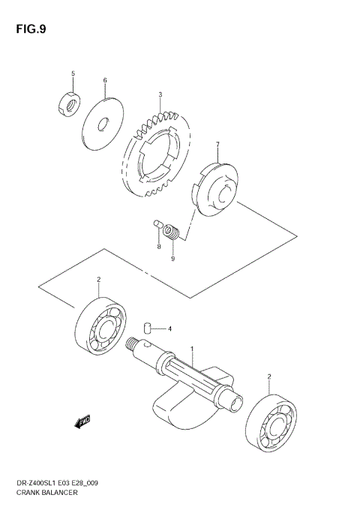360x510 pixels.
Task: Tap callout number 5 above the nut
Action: point(73,73)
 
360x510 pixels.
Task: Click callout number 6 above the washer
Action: point(105,80)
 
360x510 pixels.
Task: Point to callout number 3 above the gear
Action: point(160,95)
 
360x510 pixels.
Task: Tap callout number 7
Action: point(217,144)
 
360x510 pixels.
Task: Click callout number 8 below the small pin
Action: point(159,247)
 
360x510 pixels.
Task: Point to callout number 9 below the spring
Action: point(172,259)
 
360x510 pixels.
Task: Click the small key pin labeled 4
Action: point(148,327)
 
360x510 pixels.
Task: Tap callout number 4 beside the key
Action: point(169,329)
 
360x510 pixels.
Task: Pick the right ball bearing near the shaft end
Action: point(269,419)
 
